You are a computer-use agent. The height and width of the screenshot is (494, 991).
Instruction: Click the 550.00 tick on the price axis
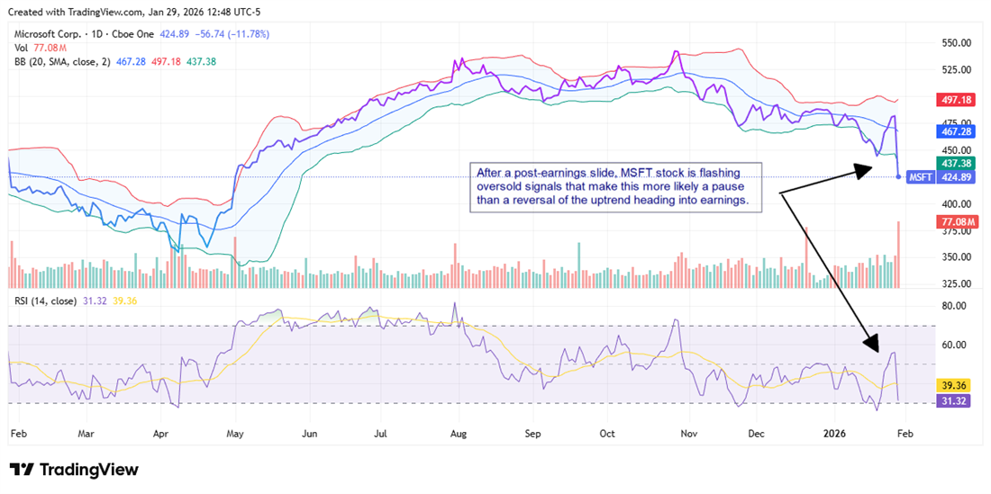pyautogui.click(x=956, y=43)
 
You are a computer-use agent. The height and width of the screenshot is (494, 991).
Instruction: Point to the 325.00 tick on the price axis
pyautogui.click(x=956, y=283)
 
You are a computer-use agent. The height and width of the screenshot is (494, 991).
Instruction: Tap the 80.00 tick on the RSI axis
pyautogui.click(x=953, y=306)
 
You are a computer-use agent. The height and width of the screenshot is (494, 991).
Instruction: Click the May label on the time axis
pyautogui.click(x=234, y=434)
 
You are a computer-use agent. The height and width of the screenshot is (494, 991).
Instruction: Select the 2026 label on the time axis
pyautogui.click(x=838, y=434)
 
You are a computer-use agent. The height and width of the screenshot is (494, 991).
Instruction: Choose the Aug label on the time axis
pyautogui.click(x=458, y=434)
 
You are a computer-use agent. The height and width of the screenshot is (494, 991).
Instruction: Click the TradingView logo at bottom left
pyautogui.click(x=74, y=470)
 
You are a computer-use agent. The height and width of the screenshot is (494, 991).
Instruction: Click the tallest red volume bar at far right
pyautogui.click(x=898, y=255)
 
